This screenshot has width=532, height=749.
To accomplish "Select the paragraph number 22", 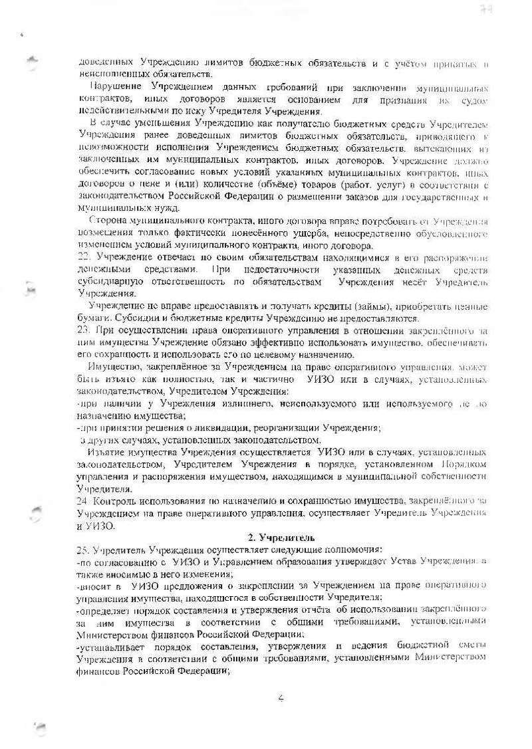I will click(x=83, y=256).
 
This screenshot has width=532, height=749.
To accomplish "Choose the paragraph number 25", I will click(x=83, y=549).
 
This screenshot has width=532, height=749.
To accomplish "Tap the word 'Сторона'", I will click(x=108, y=220).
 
